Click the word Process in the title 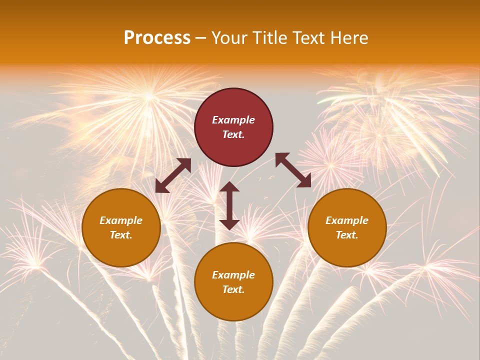pos(157,38)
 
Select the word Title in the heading pos(271,38)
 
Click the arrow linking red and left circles pos(173,175)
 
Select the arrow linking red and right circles pos(293,170)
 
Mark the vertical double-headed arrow pos(229,205)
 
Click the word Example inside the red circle pos(233,120)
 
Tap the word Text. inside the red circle pos(233,134)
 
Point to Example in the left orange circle pos(121,220)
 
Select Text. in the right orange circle pos(347,235)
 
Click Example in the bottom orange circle pos(233,275)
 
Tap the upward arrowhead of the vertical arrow pos(229,186)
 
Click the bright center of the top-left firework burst pos(149,94)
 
